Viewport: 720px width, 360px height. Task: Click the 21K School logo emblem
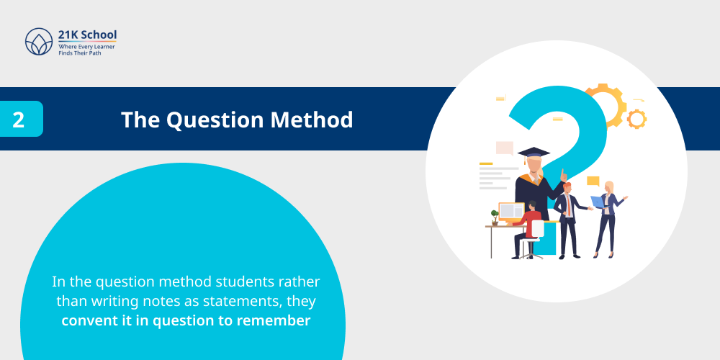tap(39, 42)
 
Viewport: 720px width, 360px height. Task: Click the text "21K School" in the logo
tap(87, 35)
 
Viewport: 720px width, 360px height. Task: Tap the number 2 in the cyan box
tap(19, 120)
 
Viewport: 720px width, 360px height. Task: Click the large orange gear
tap(603, 105)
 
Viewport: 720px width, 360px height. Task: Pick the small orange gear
tap(636, 119)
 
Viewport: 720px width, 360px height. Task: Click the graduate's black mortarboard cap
tap(534, 152)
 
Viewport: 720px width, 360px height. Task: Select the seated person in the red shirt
tap(531, 226)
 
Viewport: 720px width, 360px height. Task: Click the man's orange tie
tap(567, 207)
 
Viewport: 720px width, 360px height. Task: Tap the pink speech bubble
tap(505, 148)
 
